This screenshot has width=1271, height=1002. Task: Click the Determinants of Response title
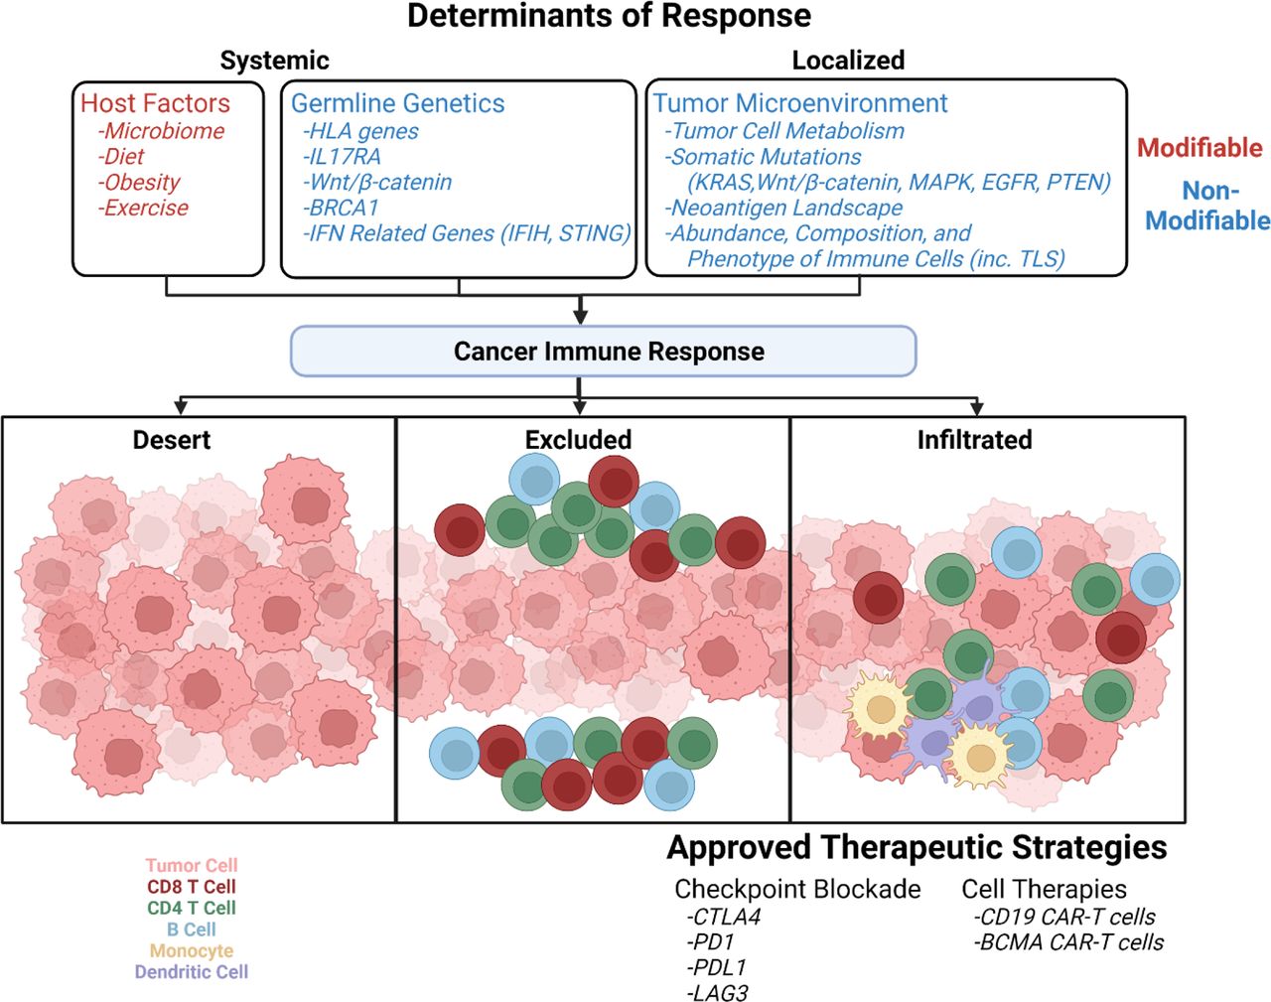[609, 16]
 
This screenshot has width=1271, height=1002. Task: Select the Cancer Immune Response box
[603, 352]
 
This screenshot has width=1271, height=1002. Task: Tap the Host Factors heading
[155, 103]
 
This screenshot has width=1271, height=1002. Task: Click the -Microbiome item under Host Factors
[162, 131]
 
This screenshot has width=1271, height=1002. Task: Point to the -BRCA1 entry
[341, 208]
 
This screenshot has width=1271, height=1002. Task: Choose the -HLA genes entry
[360, 131]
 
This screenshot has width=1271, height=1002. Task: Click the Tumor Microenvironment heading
[800, 103]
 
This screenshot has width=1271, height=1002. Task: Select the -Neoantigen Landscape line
[783, 208]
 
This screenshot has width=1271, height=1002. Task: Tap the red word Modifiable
[1200, 148]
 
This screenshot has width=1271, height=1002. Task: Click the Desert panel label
[172, 440]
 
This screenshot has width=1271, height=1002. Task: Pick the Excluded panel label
[578, 440]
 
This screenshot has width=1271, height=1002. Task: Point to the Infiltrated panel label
[974, 440]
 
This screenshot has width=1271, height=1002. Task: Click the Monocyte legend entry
[192, 950]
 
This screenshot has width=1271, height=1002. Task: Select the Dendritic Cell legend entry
[192, 972]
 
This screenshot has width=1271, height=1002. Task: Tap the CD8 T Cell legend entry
[192, 887]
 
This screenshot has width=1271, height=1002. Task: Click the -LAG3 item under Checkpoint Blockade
[717, 992]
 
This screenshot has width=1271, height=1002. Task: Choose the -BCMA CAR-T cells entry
[1068, 941]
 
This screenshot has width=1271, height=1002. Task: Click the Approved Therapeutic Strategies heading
[917, 848]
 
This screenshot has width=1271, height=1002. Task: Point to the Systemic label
[274, 61]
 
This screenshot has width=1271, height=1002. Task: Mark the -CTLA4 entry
[723, 917]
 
